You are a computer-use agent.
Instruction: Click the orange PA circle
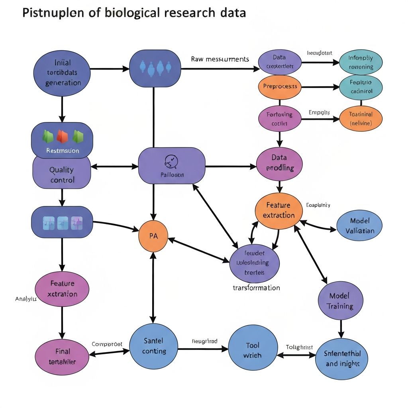(x=153, y=235)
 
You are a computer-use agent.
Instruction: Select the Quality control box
(x=62, y=174)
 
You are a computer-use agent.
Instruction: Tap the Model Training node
(x=341, y=302)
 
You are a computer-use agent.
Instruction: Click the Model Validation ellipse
(x=359, y=226)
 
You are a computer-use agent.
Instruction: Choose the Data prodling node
(x=280, y=163)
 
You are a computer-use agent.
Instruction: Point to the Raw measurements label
(x=220, y=59)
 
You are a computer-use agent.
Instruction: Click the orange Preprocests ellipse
(x=280, y=86)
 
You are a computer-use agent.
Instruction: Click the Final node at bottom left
(x=62, y=356)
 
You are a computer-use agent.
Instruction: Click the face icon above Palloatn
(x=171, y=161)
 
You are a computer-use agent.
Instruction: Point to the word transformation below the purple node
(x=256, y=288)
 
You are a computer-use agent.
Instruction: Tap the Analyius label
(x=26, y=298)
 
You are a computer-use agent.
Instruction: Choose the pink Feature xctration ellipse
(x=62, y=288)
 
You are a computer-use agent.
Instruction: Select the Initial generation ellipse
(x=62, y=73)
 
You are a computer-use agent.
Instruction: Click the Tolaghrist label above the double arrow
(x=300, y=347)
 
